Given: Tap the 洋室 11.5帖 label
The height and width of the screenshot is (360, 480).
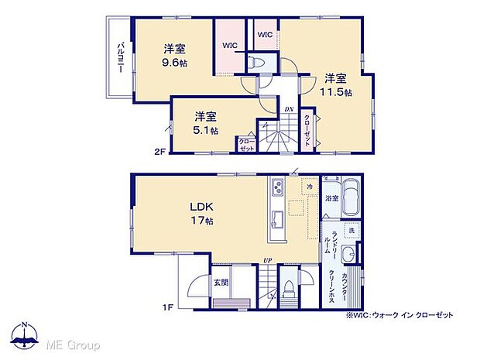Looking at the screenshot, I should coord(338,84).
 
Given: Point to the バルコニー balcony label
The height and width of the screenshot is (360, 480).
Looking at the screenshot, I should coord(122,56).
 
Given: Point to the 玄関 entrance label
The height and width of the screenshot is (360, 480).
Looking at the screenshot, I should coord(221,283).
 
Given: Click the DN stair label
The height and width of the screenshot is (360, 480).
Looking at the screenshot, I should coord(288,110).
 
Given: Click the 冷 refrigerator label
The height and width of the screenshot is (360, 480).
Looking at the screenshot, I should coord(309,187).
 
